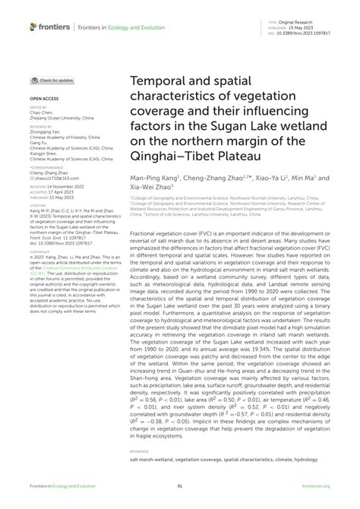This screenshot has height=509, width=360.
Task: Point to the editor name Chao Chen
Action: click(x=40, y=113)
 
